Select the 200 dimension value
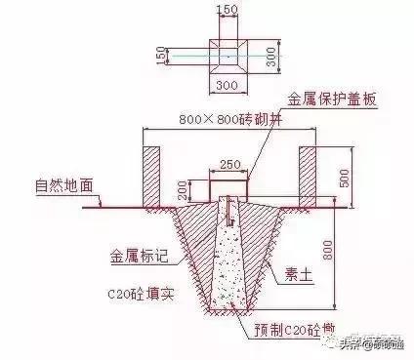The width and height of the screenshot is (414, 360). point(188,188)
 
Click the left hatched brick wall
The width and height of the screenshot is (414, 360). point(153,176)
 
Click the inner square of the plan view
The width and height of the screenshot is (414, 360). point(228,57)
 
